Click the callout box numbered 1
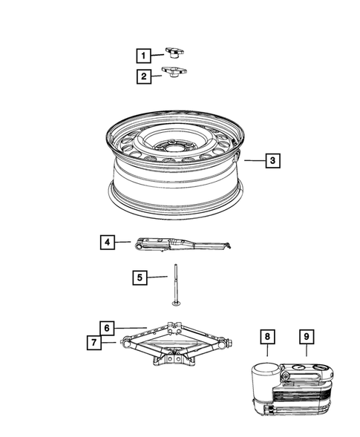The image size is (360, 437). tap(143, 56)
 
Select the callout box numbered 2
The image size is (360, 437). tap(144, 76)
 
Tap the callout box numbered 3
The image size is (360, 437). tap(272, 160)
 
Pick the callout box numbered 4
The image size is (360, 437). tap(108, 242)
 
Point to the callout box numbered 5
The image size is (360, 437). tap(140, 277)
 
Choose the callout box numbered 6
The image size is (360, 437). tap(107, 328)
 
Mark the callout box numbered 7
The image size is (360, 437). tap(94, 342)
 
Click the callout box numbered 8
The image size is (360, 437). tap(267, 337)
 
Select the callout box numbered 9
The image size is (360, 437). tap(307, 337)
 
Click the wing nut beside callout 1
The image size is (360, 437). tap(174, 53)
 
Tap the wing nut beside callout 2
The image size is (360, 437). tap(174, 71)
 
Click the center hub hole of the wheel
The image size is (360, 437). tap(171, 145)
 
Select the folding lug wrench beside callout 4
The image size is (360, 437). tap(183, 244)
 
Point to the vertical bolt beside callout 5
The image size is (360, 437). tap(176, 285)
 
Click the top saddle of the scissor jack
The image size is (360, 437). tap(174, 327)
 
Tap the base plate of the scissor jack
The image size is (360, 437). tap(174, 359)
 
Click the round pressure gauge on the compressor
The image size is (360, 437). tap(298, 367)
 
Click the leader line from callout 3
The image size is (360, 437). tap(255, 160)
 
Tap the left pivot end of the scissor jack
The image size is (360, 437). tap(125, 342)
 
